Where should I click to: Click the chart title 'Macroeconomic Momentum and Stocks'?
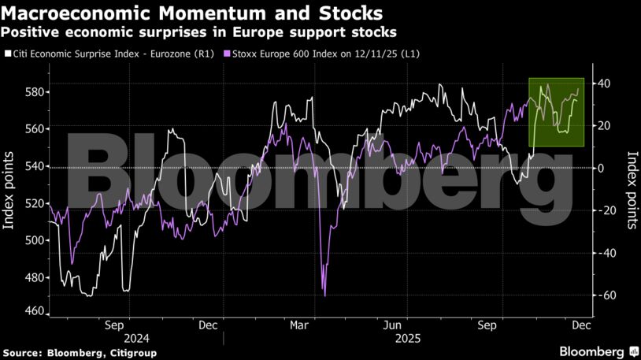(x=193, y=13)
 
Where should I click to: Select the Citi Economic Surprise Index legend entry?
(x=110, y=54)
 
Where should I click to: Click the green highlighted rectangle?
(x=556, y=112)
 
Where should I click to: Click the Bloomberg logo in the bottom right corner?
(x=598, y=351)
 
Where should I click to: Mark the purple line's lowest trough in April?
(x=325, y=295)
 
